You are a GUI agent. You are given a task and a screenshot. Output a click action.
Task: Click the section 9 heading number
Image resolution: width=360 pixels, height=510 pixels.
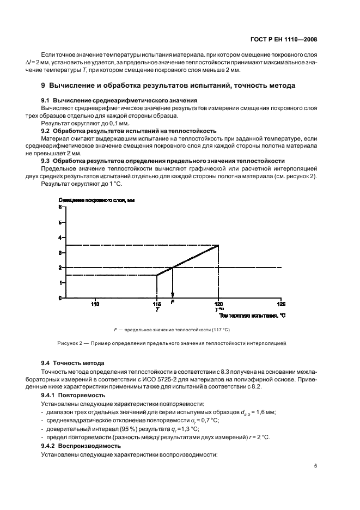click(44, 86)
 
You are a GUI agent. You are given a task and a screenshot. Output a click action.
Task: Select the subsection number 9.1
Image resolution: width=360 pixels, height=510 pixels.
click(47, 101)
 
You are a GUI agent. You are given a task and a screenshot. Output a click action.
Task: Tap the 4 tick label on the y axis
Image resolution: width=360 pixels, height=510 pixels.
click(60, 238)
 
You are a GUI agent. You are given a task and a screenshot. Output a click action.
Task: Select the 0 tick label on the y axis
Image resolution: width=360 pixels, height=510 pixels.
click(60, 298)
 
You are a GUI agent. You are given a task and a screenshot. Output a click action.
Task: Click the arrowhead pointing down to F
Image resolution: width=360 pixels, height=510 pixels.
click(173, 295)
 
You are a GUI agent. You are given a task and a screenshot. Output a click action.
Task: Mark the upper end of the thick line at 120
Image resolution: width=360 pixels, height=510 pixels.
click(218, 245)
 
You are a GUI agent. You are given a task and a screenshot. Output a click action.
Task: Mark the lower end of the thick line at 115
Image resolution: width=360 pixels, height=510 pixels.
click(157, 275)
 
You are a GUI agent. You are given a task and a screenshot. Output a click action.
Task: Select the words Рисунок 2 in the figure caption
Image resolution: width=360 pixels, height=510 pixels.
click(69, 343)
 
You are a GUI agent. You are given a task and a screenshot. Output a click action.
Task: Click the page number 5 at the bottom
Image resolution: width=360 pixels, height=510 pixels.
click(315, 466)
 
